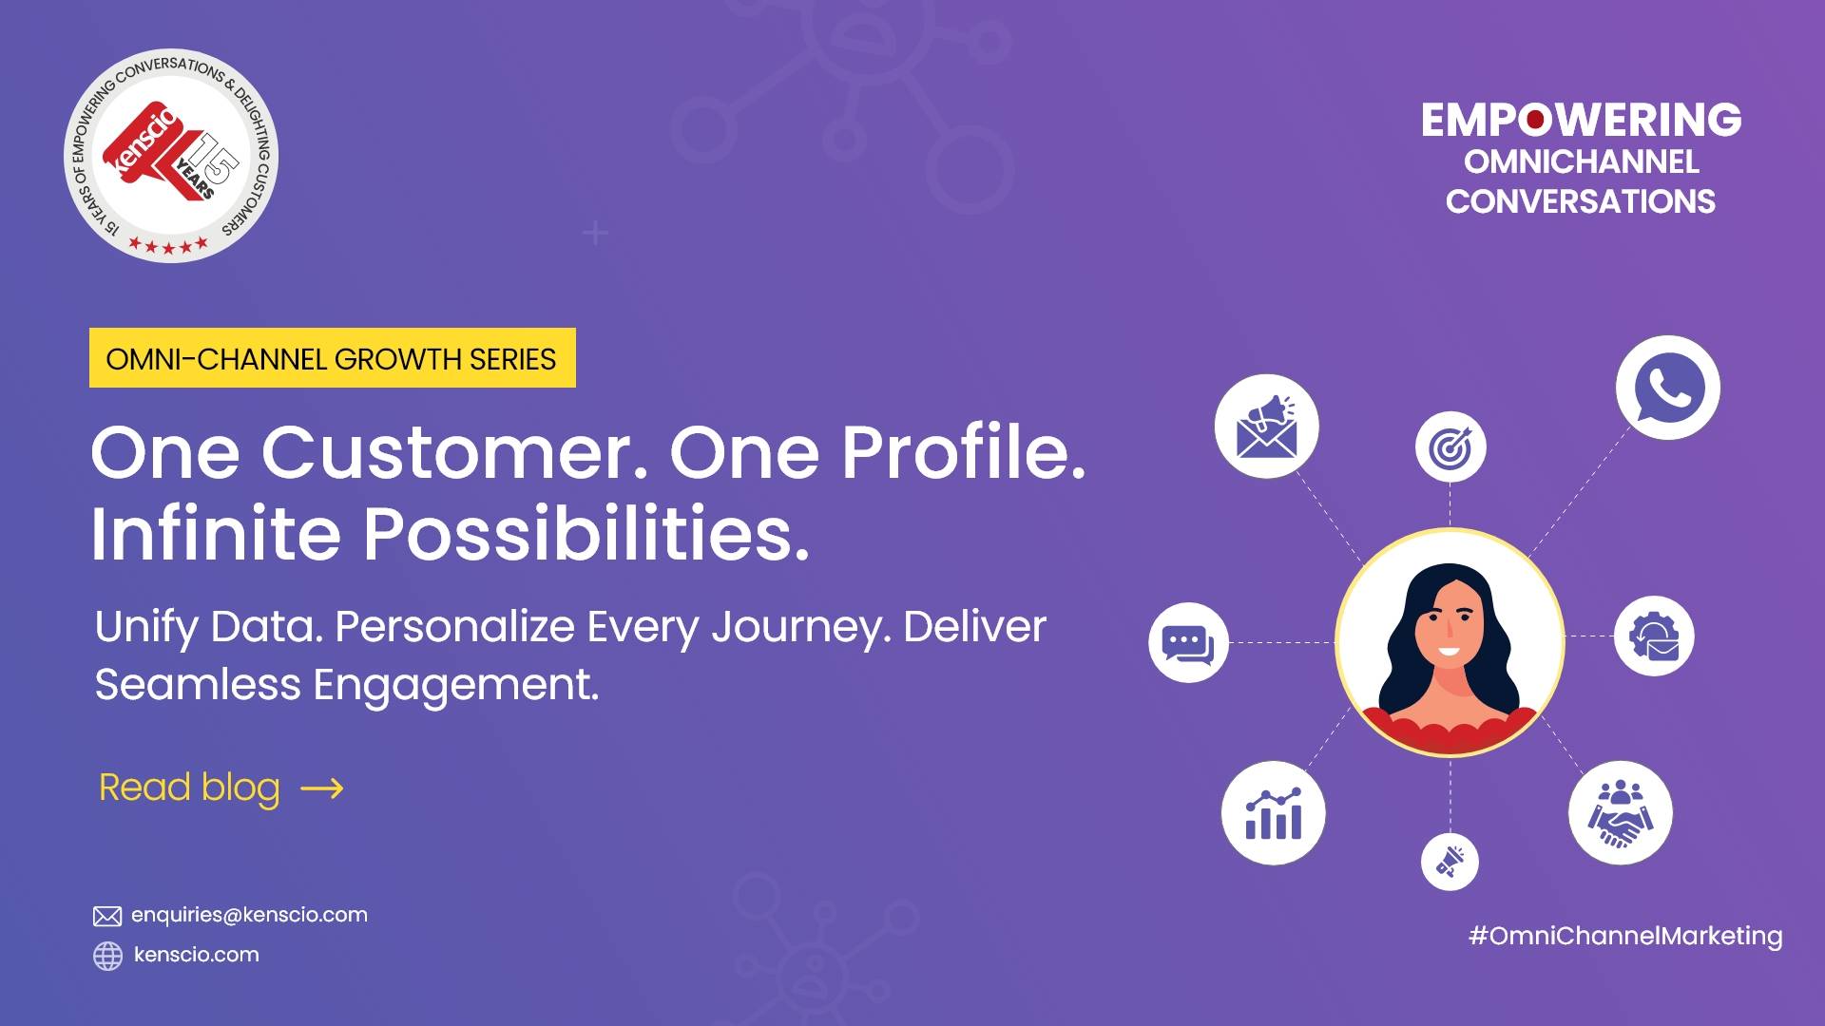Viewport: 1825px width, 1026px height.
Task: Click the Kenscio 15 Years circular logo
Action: coord(171,156)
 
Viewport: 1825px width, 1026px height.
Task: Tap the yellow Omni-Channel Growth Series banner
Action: coord(332,358)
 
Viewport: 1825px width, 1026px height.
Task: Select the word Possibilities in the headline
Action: coord(586,534)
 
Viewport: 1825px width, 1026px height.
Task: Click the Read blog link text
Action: coord(189,788)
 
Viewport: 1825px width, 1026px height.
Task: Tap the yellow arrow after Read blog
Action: coord(321,788)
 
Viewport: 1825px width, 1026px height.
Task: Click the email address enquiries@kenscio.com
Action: coord(249,915)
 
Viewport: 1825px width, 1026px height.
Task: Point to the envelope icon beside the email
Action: coord(107,916)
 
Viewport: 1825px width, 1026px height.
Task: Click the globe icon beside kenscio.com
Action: coord(107,956)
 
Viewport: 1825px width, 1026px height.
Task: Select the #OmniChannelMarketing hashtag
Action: coord(1625,936)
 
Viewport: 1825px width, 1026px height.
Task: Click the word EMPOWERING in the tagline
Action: coord(1581,121)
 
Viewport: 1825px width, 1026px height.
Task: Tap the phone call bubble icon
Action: coord(1667,388)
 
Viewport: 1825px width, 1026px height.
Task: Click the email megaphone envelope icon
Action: coord(1266,427)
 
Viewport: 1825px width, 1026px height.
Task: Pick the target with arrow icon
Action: coord(1450,447)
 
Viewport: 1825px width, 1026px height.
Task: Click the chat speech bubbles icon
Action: coord(1188,643)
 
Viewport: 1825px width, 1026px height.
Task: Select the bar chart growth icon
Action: coord(1273,813)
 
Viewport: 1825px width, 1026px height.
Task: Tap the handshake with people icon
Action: coord(1620,813)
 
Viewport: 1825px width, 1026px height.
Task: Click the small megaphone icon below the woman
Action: coord(1450,862)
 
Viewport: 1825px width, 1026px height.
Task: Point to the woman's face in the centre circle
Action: coord(1447,623)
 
